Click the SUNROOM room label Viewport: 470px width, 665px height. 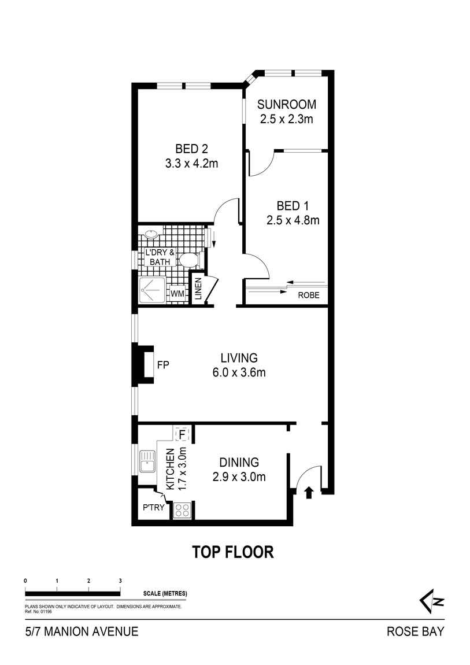287,104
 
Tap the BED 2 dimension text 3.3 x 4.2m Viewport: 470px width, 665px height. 191,163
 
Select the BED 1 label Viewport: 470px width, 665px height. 293,206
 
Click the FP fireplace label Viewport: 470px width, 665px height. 163,365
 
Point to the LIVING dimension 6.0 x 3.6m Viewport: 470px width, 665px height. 239,372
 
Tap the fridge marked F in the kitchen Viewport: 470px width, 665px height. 182,435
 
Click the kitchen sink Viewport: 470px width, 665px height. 148,461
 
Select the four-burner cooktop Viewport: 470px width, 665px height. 182,509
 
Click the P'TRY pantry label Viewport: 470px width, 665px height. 153,507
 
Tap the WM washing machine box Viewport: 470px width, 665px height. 177,294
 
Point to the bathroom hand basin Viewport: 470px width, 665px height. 151,233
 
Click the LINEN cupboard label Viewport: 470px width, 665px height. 198,289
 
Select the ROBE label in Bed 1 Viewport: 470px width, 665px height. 309,295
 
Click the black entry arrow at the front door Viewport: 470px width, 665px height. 309,492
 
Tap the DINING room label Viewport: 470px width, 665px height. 239,462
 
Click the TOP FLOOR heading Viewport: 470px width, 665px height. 233,552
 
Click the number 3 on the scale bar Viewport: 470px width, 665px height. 120,581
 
